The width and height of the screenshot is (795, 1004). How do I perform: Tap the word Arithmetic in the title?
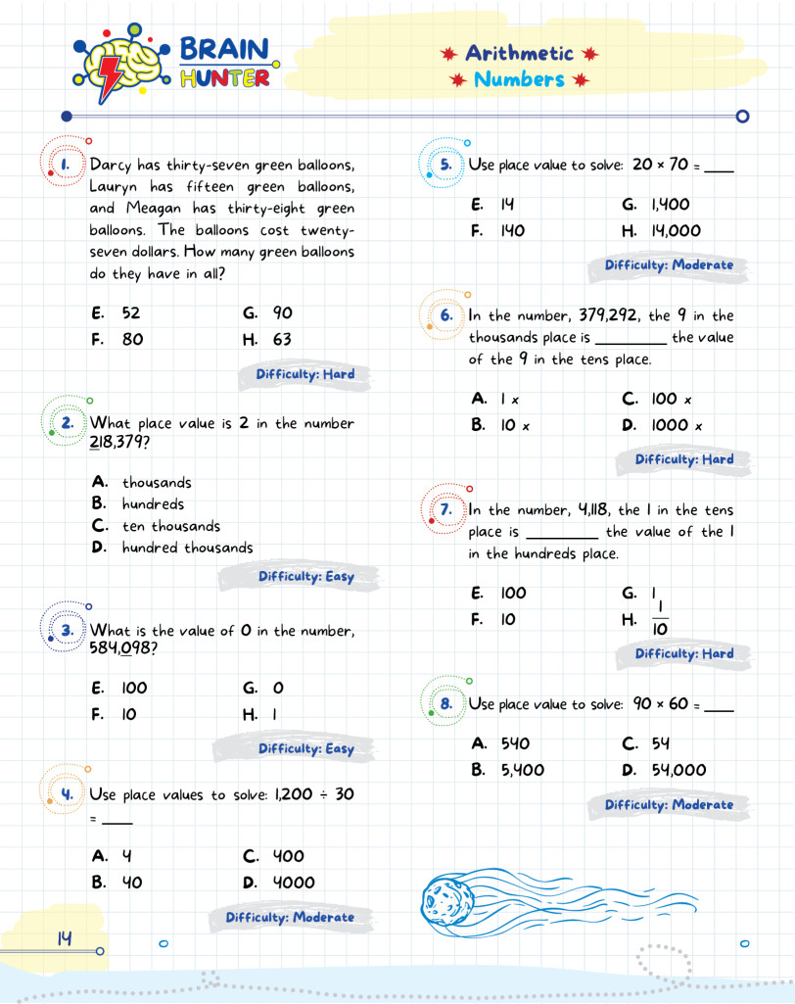[519, 53]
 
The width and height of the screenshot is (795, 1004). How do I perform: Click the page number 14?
[64, 938]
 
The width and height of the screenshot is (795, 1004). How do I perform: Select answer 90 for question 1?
[282, 313]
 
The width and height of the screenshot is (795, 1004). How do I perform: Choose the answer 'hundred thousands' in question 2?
[187, 548]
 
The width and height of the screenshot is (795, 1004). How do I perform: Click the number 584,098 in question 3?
[124, 649]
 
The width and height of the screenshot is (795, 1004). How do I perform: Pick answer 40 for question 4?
[131, 883]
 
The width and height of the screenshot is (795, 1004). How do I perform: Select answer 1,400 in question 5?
[670, 205]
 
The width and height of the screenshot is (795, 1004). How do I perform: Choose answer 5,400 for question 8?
[522, 770]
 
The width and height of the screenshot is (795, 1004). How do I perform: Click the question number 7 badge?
[445, 509]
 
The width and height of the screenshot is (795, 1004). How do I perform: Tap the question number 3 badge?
[68, 630]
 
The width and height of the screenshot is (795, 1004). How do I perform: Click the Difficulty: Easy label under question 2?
[305, 577]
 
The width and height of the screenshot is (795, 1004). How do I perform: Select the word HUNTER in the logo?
[224, 78]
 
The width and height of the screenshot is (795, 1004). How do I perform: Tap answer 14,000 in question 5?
[676, 231]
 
